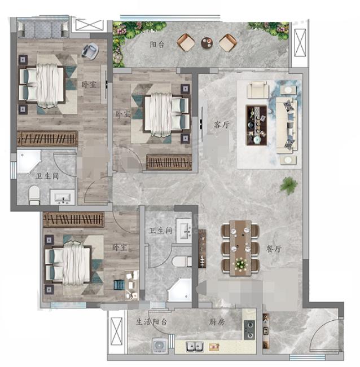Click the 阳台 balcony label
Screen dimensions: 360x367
(157, 44)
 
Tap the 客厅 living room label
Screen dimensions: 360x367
(222, 125)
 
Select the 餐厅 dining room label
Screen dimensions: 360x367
(274, 249)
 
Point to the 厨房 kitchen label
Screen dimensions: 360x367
(217, 322)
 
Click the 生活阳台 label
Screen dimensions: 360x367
(151, 322)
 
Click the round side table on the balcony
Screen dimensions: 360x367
(207, 42)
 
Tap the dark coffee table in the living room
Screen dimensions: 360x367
(256, 125)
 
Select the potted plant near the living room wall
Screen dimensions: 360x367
(289, 185)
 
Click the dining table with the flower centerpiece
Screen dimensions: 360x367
(240, 247)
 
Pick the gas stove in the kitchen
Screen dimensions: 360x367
(249, 330)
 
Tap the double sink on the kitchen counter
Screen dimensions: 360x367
(195, 347)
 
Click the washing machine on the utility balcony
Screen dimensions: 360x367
(160, 346)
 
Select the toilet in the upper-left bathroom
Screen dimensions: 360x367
(34, 195)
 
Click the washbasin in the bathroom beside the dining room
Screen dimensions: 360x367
(185, 231)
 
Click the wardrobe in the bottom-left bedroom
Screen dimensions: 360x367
(73, 219)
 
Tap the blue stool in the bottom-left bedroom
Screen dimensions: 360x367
(119, 285)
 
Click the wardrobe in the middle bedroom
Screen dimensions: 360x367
(169, 162)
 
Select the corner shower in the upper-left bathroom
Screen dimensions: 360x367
(29, 161)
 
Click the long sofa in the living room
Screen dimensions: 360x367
(287, 126)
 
